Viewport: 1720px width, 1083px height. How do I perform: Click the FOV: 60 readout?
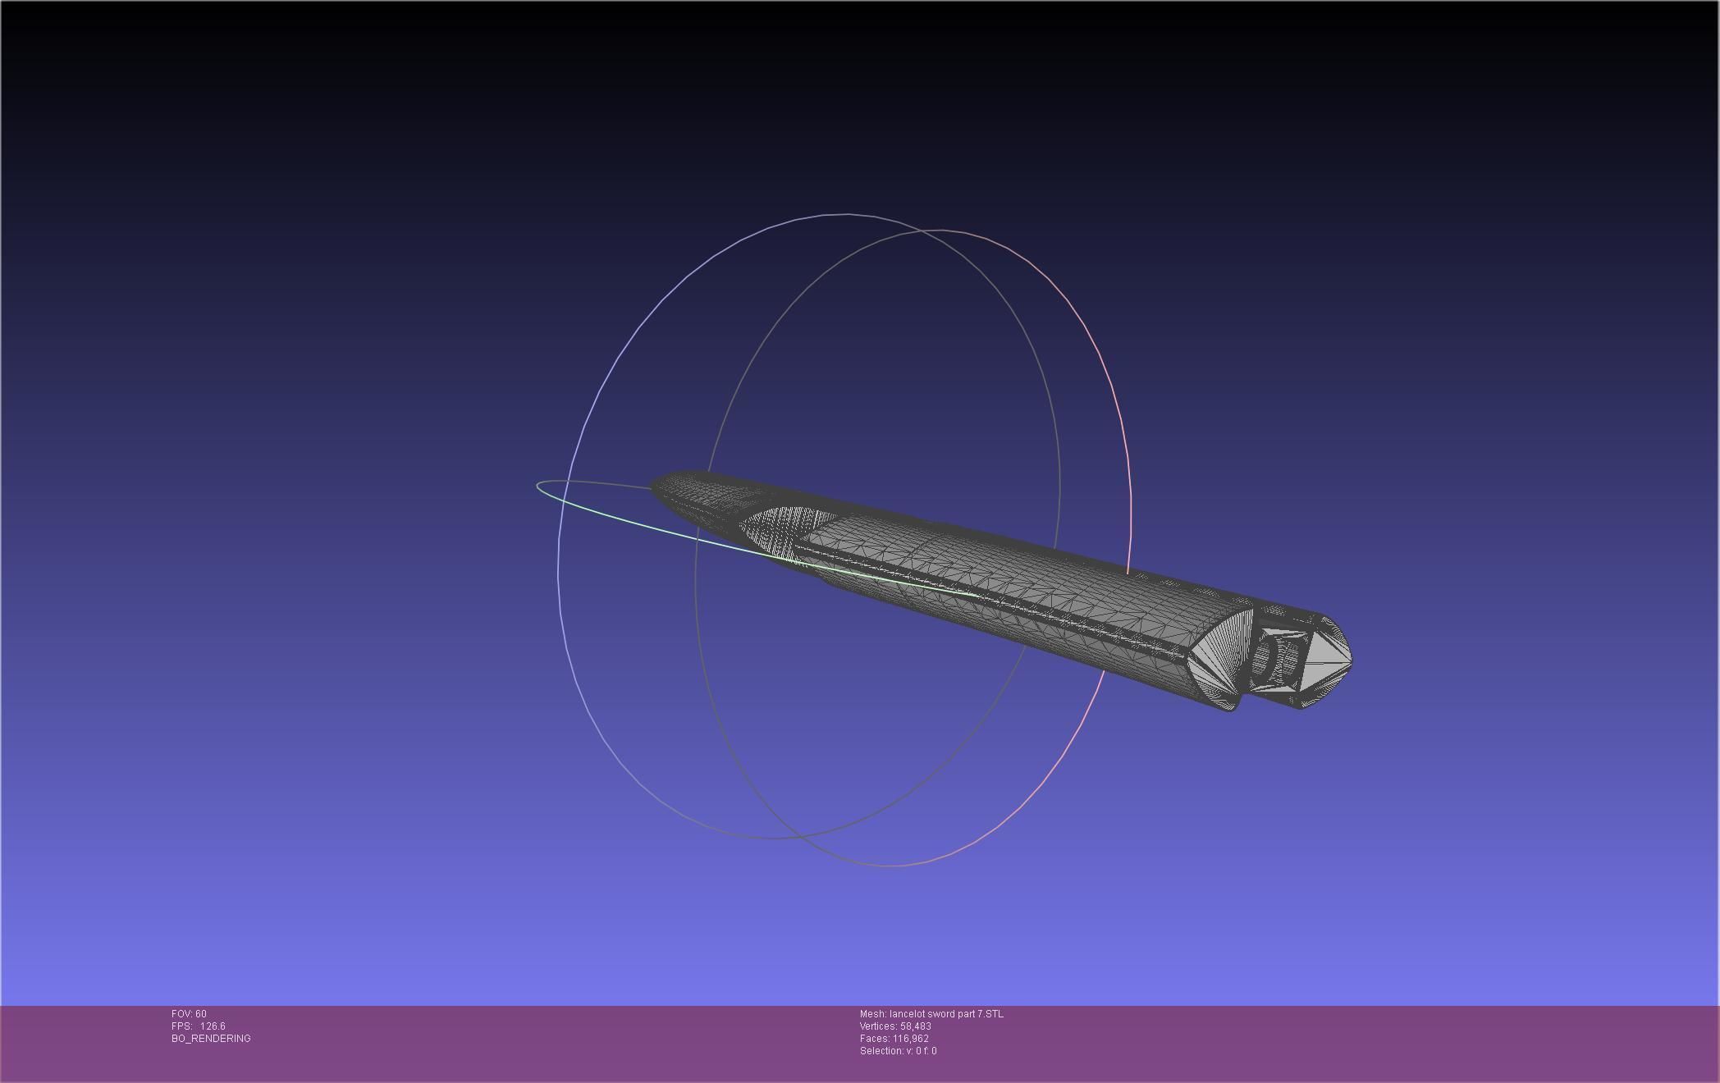pyautogui.click(x=189, y=1014)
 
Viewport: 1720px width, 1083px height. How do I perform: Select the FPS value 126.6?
pyautogui.click(x=212, y=1026)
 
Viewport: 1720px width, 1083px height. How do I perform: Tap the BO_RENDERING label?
pyautogui.click(x=211, y=1039)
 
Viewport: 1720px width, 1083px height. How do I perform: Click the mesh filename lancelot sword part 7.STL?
pyautogui.click(x=945, y=1014)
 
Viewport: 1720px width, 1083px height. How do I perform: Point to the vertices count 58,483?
pyautogui.click(x=915, y=1026)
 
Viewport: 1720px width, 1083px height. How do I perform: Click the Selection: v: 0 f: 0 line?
pyautogui.click(x=898, y=1051)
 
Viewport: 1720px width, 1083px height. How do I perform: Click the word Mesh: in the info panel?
pyautogui.click(x=872, y=1014)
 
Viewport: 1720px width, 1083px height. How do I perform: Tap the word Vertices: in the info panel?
pyautogui.click(x=878, y=1026)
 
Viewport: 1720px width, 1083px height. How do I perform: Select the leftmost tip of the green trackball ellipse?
pyautogui.click(x=537, y=486)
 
